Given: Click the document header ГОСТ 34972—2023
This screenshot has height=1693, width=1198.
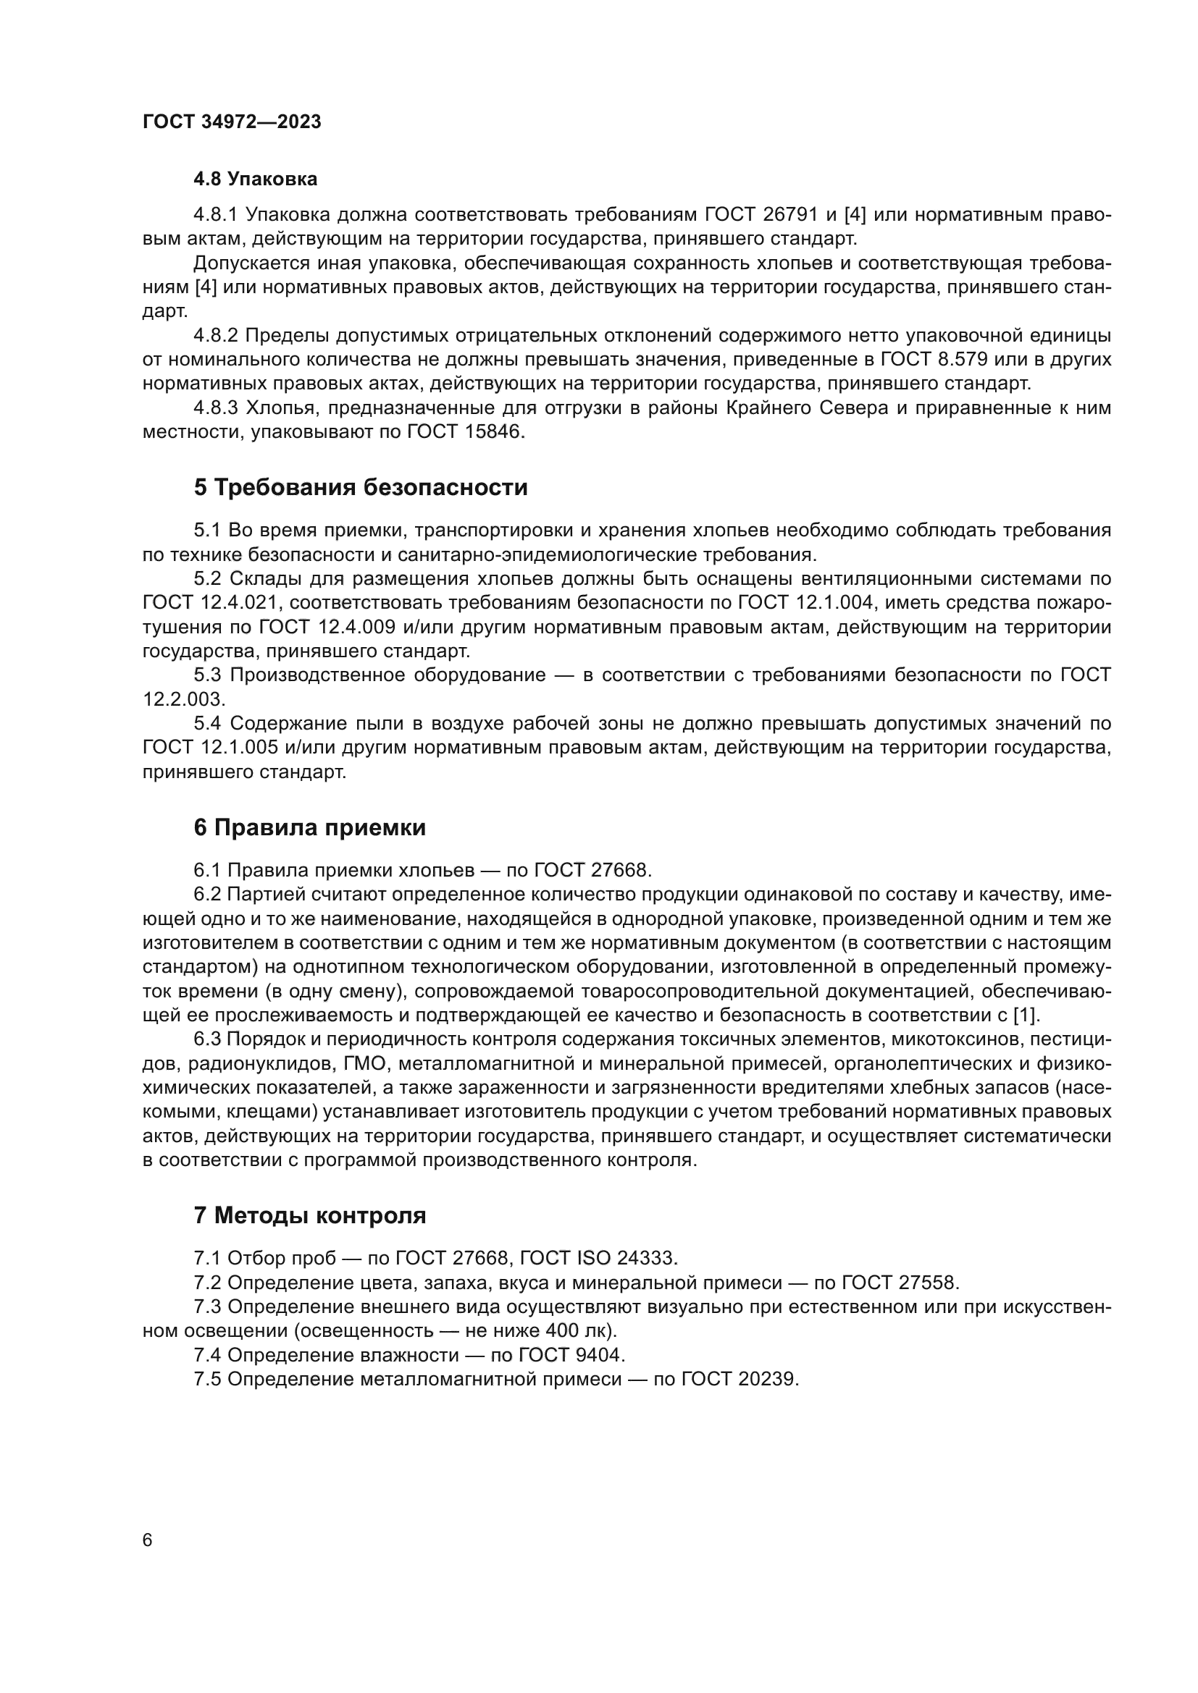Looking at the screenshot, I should click(x=232, y=122).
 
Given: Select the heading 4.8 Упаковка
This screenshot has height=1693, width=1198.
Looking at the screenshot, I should click(x=255, y=179).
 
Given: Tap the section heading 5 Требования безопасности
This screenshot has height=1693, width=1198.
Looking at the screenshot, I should click(x=361, y=487).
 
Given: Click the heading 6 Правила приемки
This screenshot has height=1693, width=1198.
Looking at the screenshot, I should click(x=310, y=827).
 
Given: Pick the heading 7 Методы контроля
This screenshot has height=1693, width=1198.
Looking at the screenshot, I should click(x=310, y=1215).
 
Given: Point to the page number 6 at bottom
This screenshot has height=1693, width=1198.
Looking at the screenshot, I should click(x=148, y=1540).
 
